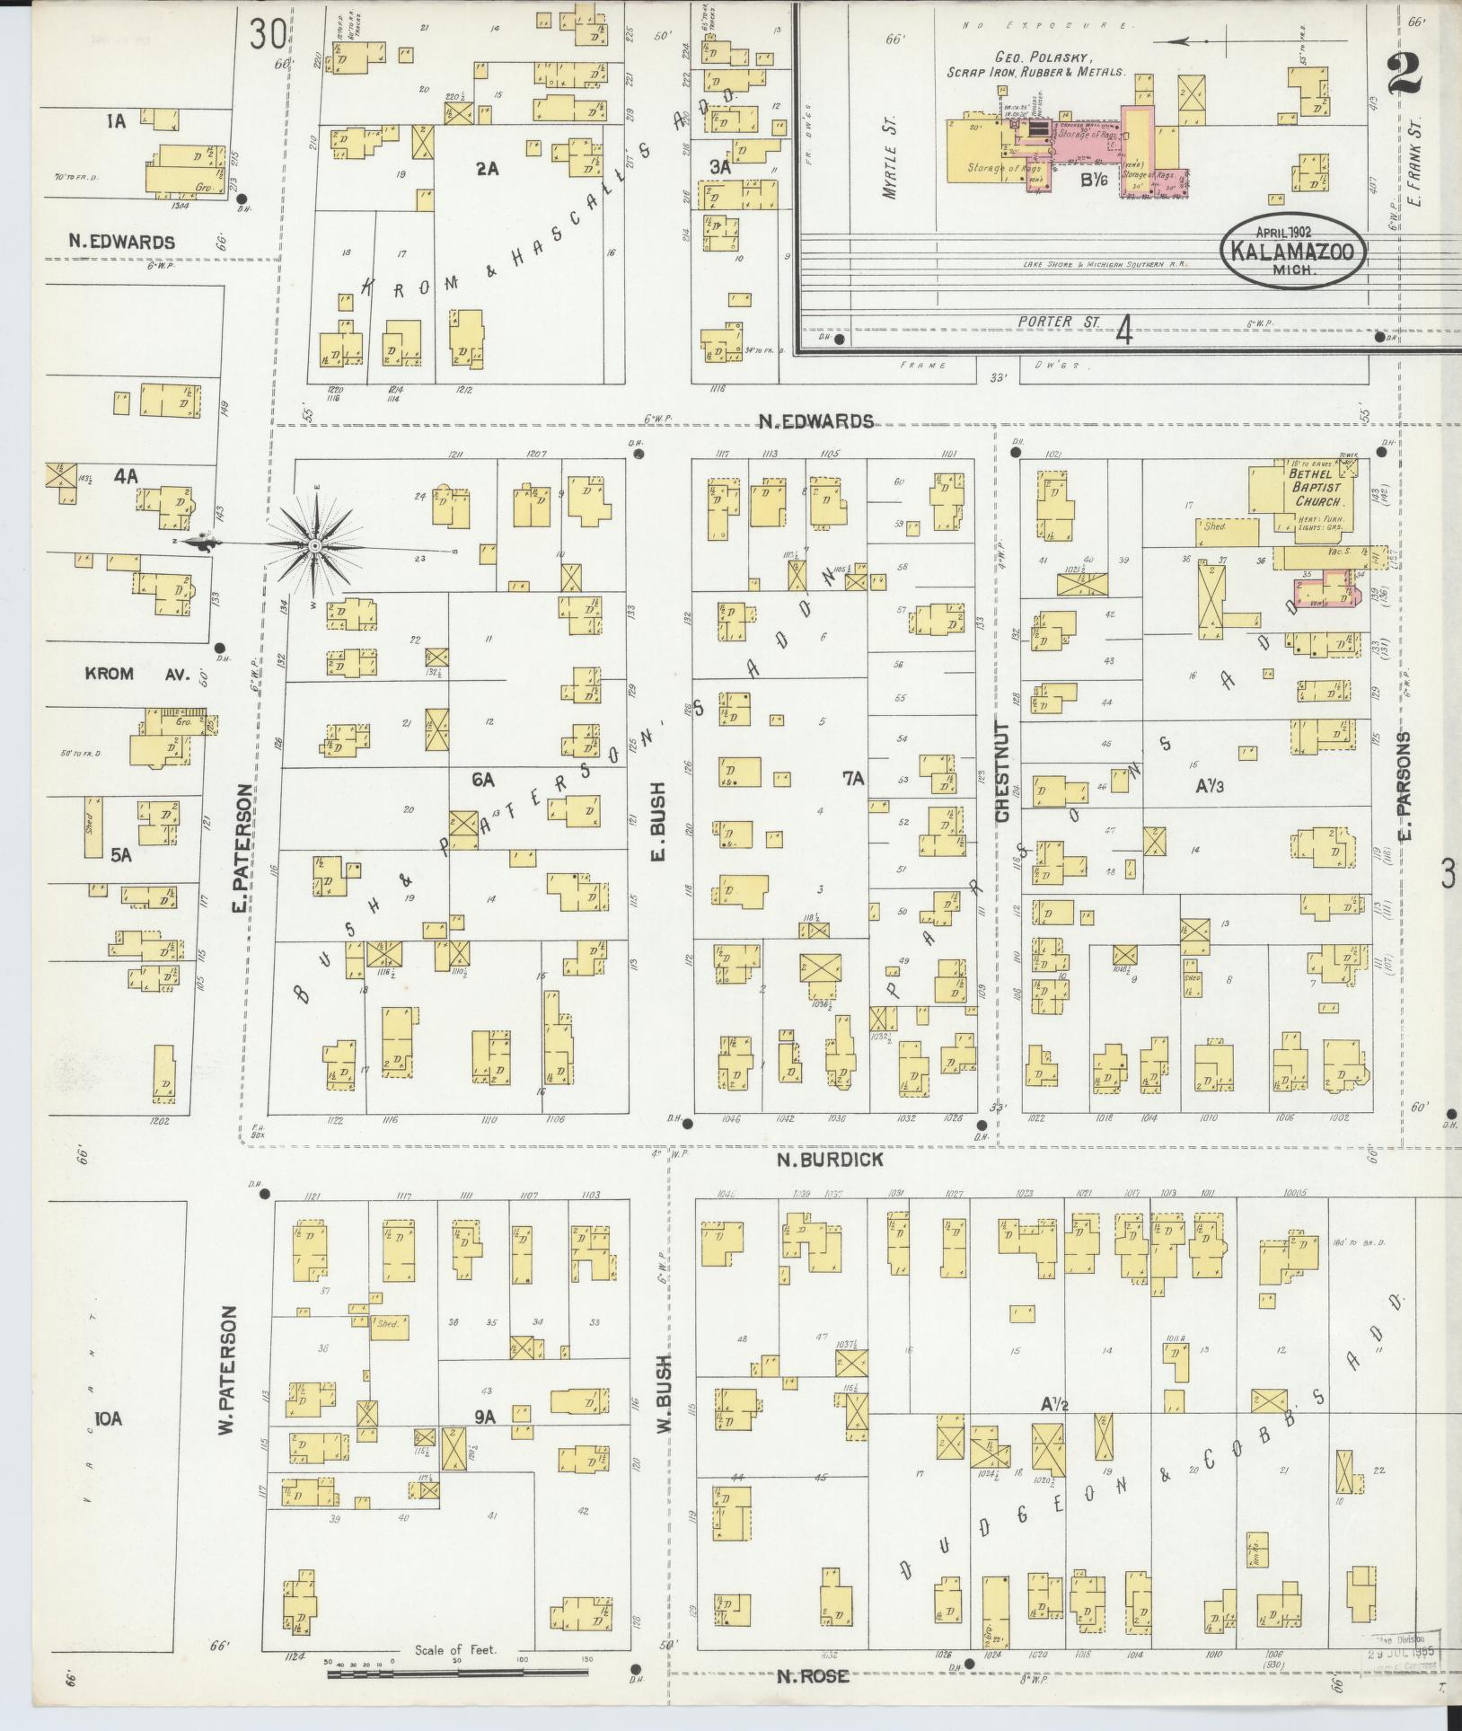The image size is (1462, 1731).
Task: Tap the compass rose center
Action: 315,545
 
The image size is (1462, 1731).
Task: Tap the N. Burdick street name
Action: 830,1160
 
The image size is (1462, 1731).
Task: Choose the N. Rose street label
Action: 813,1675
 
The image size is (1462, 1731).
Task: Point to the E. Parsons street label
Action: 1405,785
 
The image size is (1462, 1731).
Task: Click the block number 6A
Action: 483,780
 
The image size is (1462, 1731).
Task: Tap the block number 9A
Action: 484,1417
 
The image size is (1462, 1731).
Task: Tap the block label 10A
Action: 108,1418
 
